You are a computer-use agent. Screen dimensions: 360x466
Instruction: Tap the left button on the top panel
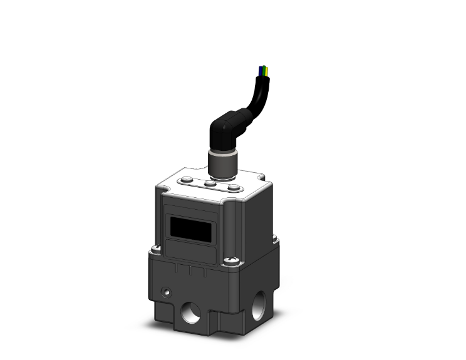pyautogui.click(x=187, y=181)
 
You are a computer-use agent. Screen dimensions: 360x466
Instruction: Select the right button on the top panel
pyautogui.click(x=233, y=187)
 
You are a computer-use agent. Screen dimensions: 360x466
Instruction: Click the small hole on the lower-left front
pyautogui.click(x=166, y=292)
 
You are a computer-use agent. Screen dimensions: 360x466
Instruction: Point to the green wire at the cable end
pyautogui.click(x=264, y=69)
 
